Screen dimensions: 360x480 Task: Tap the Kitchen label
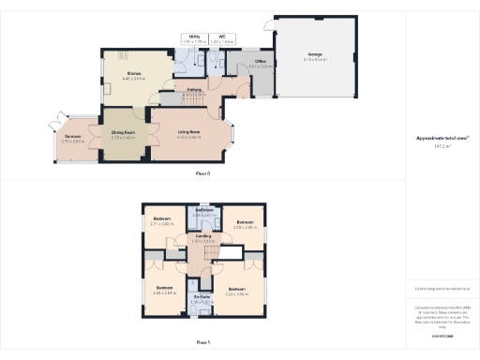point(134,75)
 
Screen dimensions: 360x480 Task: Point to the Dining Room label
point(124,134)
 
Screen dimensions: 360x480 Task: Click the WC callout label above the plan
point(221,38)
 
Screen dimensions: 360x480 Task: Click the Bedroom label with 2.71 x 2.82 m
point(162,220)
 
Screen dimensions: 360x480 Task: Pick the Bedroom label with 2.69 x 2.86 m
point(245,223)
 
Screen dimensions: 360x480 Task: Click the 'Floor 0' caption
point(202,173)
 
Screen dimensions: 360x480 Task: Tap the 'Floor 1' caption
point(202,344)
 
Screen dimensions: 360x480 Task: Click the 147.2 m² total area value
point(442,146)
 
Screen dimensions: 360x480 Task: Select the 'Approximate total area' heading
point(442,138)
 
